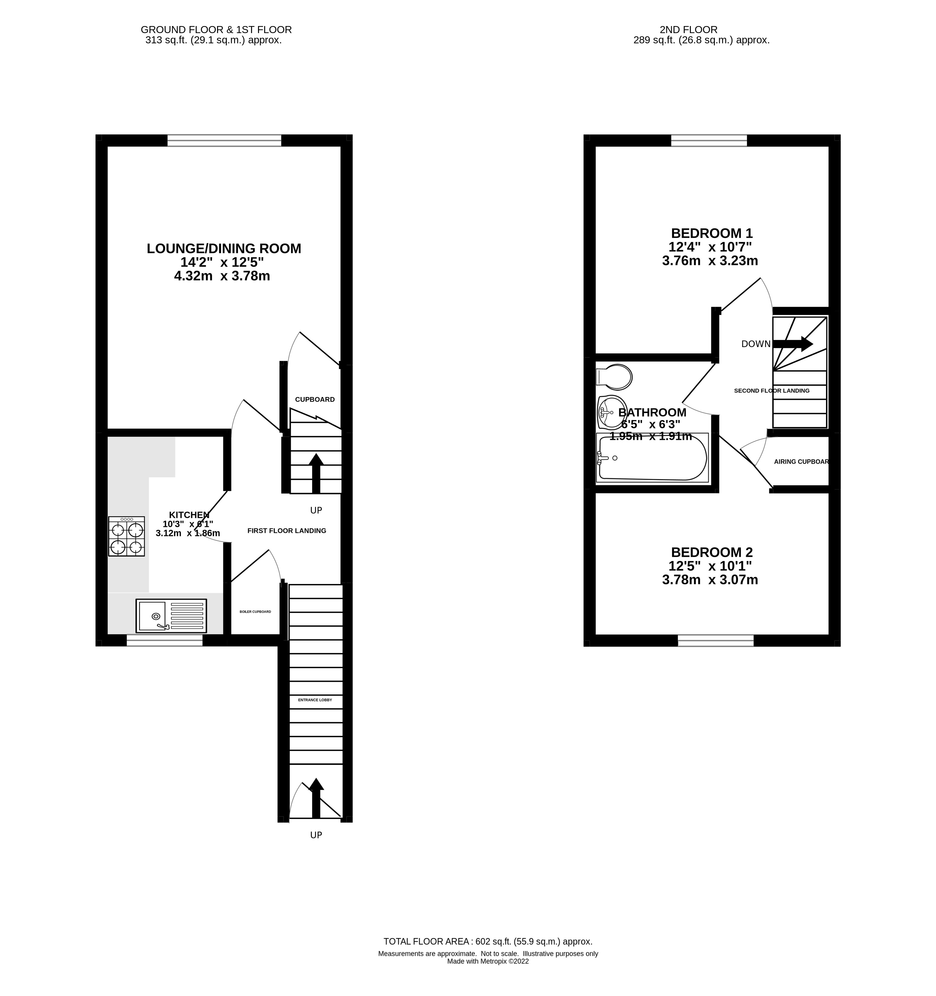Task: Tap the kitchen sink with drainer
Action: tap(171, 615)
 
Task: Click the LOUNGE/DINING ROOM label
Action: tap(224, 248)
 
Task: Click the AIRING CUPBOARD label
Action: tap(801, 461)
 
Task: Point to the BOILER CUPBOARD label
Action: tap(255, 612)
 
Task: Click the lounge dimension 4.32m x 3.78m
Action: tap(222, 276)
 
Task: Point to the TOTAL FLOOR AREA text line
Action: tap(487, 941)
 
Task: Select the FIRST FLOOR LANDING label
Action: tap(287, 530)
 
